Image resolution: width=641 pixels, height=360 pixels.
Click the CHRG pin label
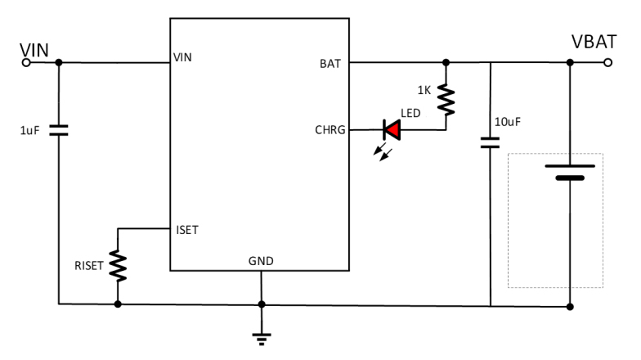point(330,129)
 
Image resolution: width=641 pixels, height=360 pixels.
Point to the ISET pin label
point(186,230)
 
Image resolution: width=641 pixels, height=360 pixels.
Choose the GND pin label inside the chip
point(261,261)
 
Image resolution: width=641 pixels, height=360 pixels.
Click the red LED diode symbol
point(391,128)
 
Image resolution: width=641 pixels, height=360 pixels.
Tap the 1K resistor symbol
point(446,98)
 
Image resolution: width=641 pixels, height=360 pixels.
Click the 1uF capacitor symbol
point(59,129)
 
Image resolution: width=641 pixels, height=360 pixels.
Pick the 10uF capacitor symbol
point(490,142)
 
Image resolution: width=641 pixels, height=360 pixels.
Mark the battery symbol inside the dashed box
point(569,169)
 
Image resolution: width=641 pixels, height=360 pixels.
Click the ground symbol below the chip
point(262,335)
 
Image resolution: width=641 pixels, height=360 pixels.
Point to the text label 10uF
point(509,122)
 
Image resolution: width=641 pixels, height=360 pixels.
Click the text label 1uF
point(29,130)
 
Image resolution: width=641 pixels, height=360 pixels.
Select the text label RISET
point(87,265)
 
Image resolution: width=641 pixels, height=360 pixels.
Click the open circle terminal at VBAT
point(606,62)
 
